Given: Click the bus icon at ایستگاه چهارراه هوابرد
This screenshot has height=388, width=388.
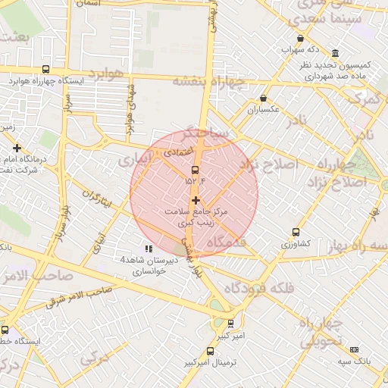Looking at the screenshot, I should [x=46, y=69].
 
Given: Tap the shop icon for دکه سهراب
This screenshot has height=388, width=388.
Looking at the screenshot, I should [x=301, y=39].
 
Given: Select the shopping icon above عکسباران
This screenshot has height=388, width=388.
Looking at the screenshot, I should [x=263, y=99].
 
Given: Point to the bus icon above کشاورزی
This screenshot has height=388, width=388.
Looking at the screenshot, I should [x=296, y=233].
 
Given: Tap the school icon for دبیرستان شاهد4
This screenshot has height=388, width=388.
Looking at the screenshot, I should [x=149, y=248].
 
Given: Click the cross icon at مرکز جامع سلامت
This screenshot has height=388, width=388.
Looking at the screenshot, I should [x=196, y=200].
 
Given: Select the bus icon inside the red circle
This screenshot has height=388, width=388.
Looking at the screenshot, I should [x=195, y=169].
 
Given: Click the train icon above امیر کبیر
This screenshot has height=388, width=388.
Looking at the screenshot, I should [x=231, y=324].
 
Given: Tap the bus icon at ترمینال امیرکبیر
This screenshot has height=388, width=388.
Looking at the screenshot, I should [x=210, y=351].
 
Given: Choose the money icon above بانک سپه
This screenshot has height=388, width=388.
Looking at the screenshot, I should [x=355, y=349].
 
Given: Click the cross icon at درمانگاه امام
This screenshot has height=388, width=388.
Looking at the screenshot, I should [x=17, y=148].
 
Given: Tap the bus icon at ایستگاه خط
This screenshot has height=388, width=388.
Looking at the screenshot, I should [x=5, y=330].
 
